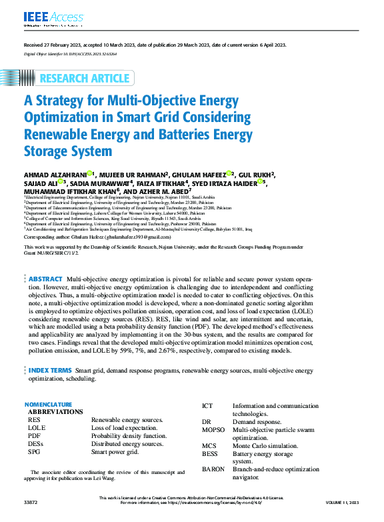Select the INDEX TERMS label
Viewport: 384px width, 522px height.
pyautogui.click(x=50, y=369)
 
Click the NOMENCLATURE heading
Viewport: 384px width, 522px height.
pyautogui.click(x=48, y=405)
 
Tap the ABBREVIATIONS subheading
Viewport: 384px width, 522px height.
pyautogui.click(x=55, y=412)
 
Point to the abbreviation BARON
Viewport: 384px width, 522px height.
pyautogui.click(x=213, y=469)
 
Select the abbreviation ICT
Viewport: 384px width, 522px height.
pyautogui.click(x=207, y=406)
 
